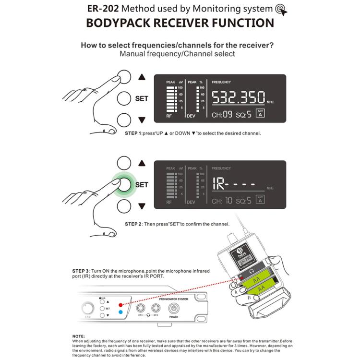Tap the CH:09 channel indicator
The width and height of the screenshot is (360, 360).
[222, 114]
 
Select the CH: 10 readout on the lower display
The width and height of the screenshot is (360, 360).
[222, 200]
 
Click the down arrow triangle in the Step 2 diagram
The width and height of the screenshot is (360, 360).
[141, 206]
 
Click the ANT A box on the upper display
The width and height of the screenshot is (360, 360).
[261, 114]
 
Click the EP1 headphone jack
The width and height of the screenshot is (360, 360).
[142, 308]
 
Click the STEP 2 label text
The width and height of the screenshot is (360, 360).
[133, 224]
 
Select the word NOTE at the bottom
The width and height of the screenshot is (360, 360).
[78, 336]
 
